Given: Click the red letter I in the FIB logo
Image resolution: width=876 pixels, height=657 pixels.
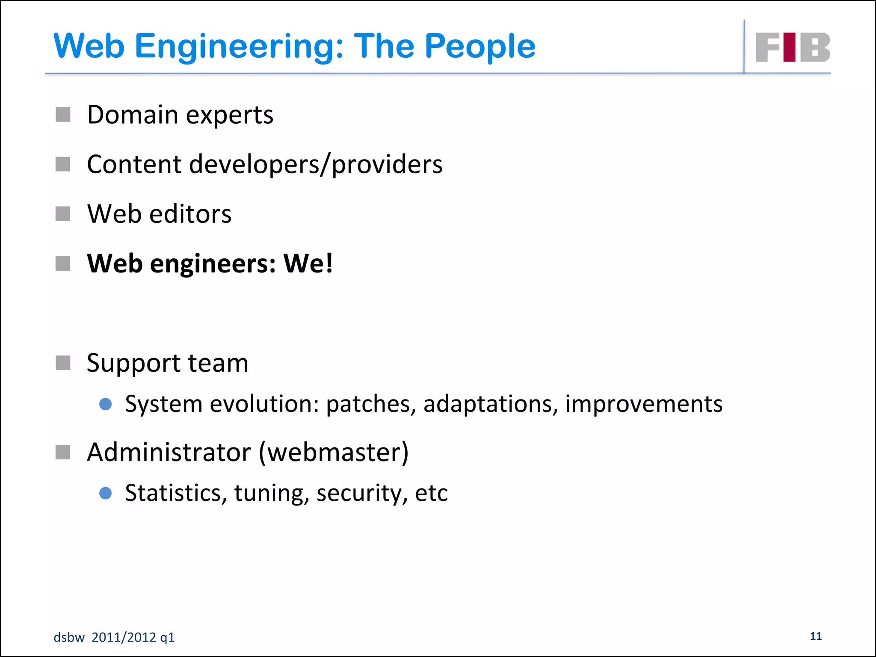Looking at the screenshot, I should coord(790,47).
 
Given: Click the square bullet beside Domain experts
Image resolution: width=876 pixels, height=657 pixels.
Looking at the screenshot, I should coord(63,115).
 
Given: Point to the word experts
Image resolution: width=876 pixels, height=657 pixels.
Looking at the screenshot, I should coord(230,115).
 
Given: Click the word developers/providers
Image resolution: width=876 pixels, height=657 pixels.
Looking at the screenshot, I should coord(316,165).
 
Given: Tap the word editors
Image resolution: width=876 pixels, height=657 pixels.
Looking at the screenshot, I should coord(190,214).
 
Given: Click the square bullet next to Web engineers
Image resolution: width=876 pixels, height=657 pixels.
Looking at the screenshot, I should coord(63,263).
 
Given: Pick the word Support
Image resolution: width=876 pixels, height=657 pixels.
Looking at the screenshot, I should coord(133,364).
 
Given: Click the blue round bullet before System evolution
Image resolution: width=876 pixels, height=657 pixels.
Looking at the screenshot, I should coord(105,404).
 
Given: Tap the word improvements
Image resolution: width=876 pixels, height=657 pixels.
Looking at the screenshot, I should coord(644,404).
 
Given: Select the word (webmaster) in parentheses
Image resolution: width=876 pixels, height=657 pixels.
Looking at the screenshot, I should coord(334,452).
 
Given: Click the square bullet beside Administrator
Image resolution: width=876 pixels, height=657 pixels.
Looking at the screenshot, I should coord(63,452).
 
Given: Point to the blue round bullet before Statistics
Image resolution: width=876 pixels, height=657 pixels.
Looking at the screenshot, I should coord(105,493).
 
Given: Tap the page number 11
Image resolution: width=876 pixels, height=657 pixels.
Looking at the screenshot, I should coord(816,636).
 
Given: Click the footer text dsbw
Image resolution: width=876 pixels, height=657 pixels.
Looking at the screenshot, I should coord(69,637).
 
